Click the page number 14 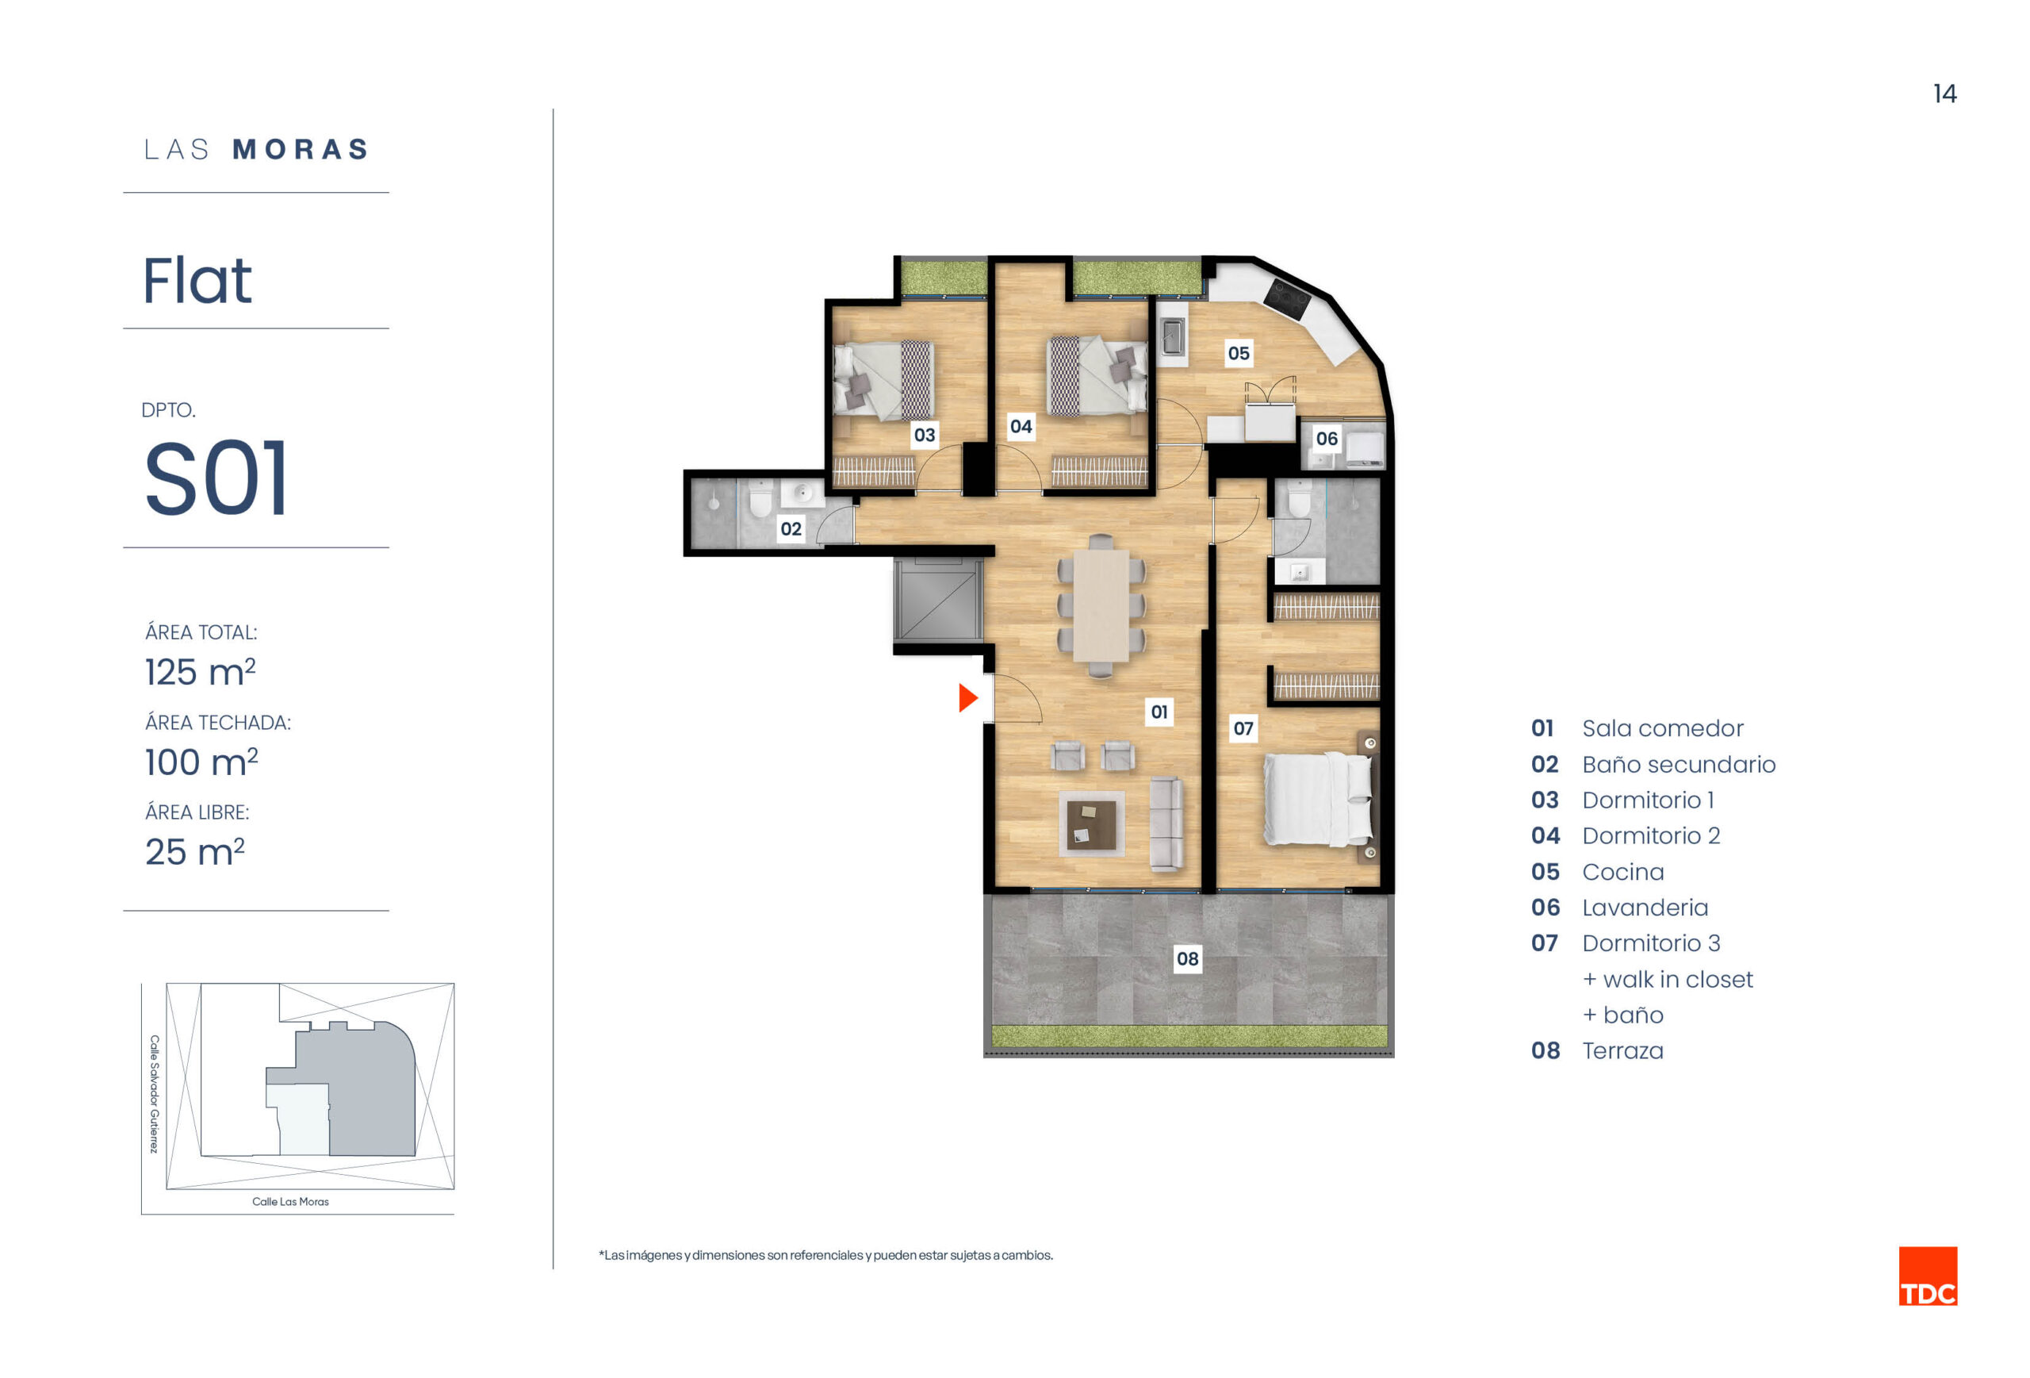[1944, 94]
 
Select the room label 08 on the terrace [1187, 958]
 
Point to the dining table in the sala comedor [1101, 605]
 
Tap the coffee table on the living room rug [1091, 824]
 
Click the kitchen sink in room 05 [1172, 337]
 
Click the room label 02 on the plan [791, 528]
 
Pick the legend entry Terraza [1622, 1050]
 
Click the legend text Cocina [1623, 871]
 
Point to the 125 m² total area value [200, 671]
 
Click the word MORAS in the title [301, 149]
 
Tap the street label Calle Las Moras [290, 1202]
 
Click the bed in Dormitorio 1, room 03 [883, 379]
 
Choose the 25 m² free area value [195, 851]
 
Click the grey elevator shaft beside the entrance [937, 601]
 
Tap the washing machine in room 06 [1365, 447]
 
